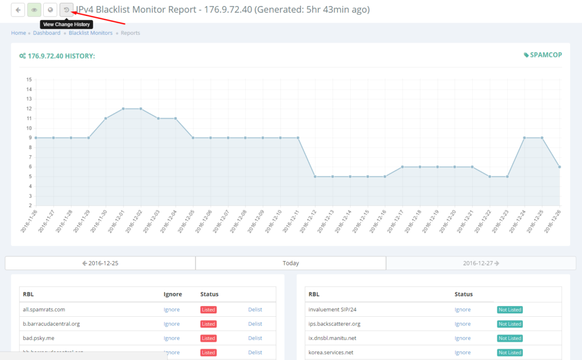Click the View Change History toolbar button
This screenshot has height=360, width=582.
tap(66, 10)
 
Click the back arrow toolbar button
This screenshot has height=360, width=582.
tap(18, 10)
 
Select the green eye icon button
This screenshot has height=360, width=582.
tap(34, 10)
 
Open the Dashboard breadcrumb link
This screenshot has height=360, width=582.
tap(47, 33)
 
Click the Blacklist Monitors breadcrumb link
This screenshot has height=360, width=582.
tap(90, 33)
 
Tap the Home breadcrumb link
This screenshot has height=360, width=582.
tap(18, 33)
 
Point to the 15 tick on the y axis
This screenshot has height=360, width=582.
tap(28, 80)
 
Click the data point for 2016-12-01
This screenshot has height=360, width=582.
tap(123, 109)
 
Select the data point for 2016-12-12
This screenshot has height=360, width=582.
tap(315, 176)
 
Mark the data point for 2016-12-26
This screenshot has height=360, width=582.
tap(560, 167)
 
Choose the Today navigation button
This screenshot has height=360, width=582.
tap(290, 263)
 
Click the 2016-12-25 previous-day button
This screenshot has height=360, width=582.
tap(100, 263)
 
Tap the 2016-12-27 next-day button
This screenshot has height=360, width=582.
tap(481, 263)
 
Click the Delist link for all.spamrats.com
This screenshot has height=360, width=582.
tap(255, 309)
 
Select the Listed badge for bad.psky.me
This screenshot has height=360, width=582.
tap(209, 338)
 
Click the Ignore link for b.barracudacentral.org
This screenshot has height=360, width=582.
tap(172, 324)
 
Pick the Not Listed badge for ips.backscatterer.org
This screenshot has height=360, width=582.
tap(510, 324)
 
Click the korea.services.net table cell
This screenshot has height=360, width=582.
tap(331, 353)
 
